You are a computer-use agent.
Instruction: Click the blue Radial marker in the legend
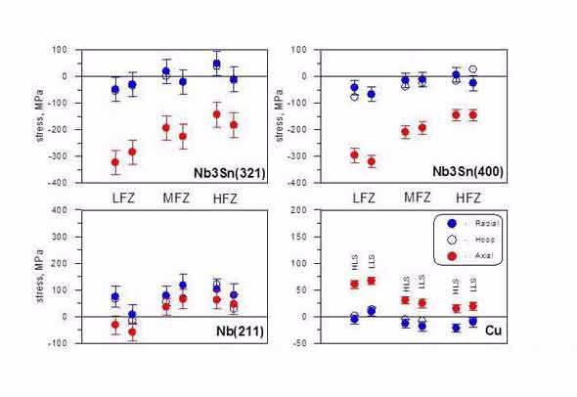coord(451,223)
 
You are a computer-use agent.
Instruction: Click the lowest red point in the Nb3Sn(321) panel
coord(115,162)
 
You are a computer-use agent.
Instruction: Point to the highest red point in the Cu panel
coord(372,281)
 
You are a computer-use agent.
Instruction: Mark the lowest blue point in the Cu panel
coord(456,328)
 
